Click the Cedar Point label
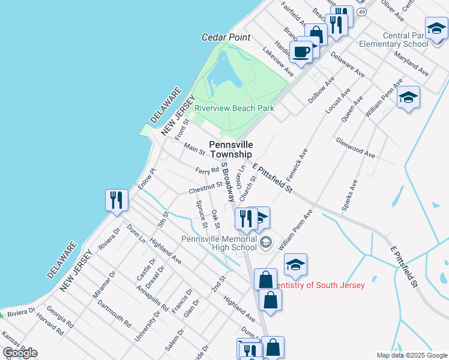(x=226, y=37)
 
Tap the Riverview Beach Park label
(x=235, y=109)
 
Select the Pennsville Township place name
(x=231, y=149)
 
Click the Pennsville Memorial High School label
(x=219, y=243)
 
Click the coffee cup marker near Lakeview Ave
(x=301, y=51)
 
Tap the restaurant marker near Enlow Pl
(x=116, y=200)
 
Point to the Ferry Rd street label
(x=206, y=171)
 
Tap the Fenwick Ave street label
(x=297, y=164)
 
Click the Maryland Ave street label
(x=411, y=64)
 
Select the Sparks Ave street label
(x=349, y=194)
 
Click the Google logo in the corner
(x=20, y=353)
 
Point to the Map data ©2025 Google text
(x=411, y=355)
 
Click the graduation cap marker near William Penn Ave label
(x=408, y=97)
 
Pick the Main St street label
(x=194, y=148)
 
